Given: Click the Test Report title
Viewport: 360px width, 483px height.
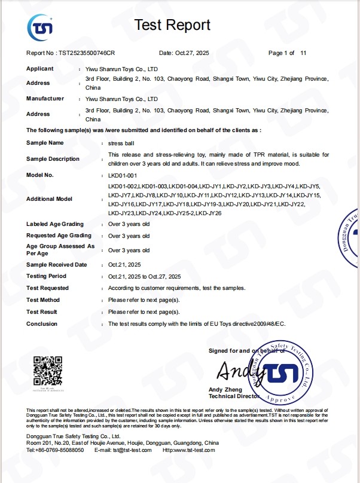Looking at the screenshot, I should tap(172, 25).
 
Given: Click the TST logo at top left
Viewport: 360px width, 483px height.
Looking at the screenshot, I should tap(40, 26).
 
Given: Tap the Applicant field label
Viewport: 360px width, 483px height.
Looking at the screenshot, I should tap(40, 69).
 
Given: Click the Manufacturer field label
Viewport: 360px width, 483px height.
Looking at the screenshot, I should tap(45, 99).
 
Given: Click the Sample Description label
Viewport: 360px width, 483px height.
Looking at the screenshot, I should tap(53, 159).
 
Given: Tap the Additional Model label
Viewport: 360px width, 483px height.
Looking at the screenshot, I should tap(50, 199).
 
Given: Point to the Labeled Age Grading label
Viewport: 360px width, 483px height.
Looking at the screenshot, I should tap(54, 224).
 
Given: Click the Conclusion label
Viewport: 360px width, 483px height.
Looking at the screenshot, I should tap(42, 324).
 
